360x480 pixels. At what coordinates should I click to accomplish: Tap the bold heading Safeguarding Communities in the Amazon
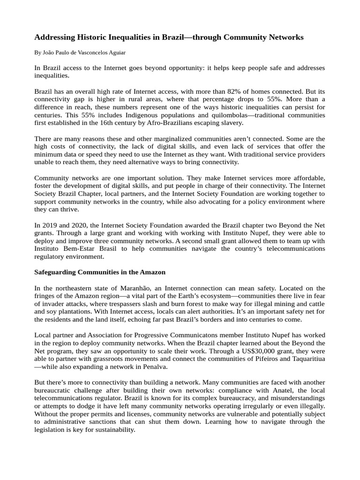(100, 272)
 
